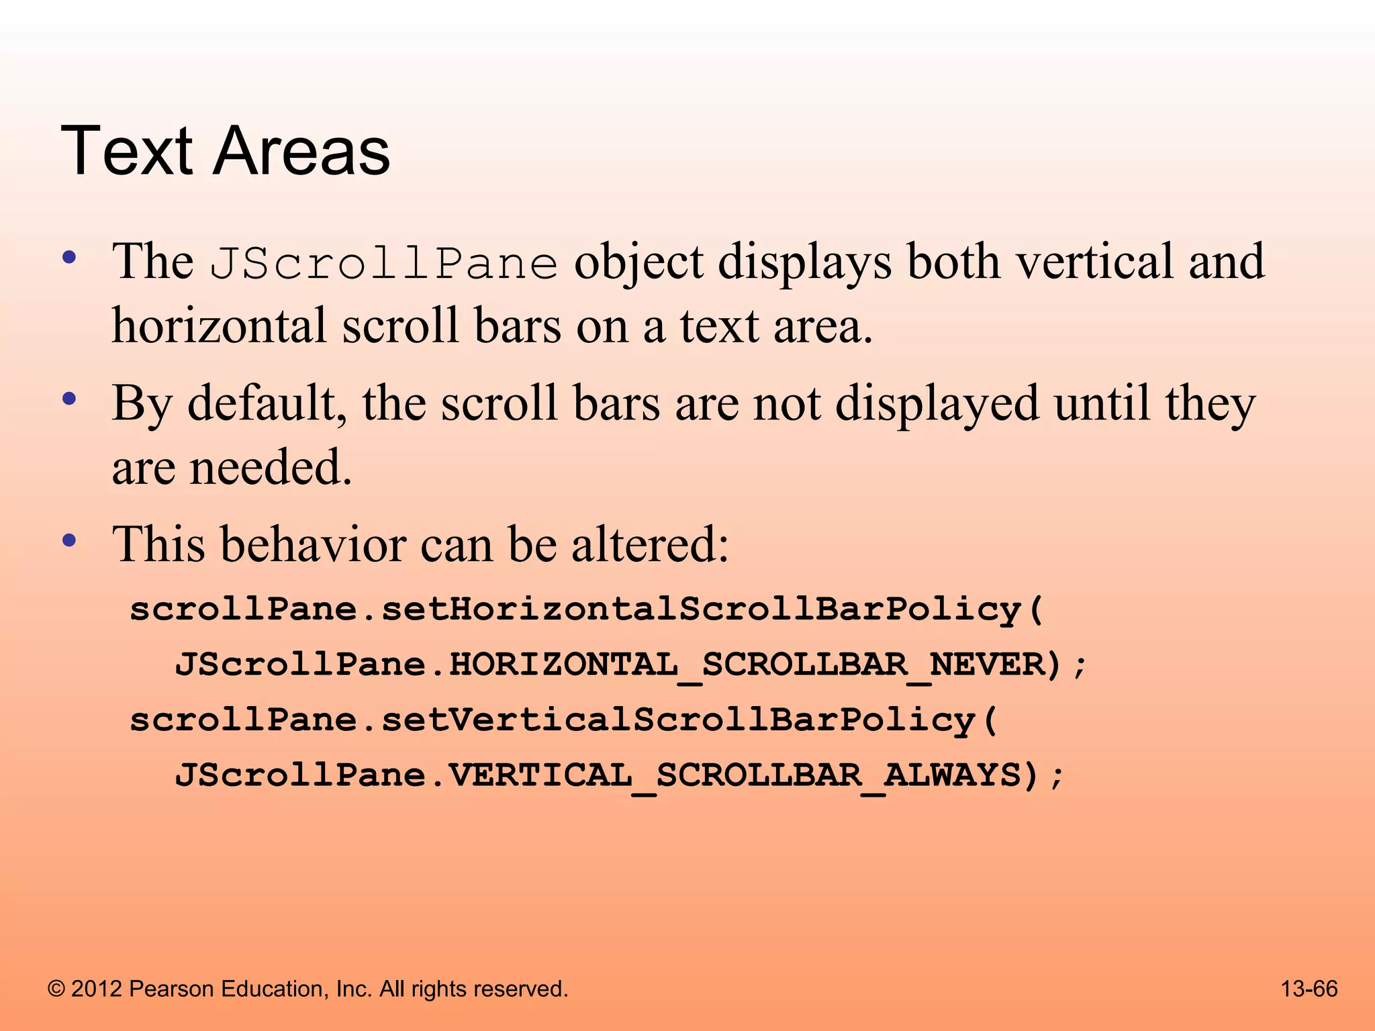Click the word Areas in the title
tap(301, 152)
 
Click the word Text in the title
tap(128, 152)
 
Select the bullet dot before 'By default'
tap(69, 400)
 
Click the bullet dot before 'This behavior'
tap(69, 540)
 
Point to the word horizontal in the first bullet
tap(219, 326)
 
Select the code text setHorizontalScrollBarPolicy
tap(701, 609)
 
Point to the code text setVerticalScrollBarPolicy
tap(678, 720)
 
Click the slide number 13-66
tap(1309, 989)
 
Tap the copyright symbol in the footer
tap(56, 989)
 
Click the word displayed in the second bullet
tap(937, 404)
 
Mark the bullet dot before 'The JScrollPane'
tap(69, 258)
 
